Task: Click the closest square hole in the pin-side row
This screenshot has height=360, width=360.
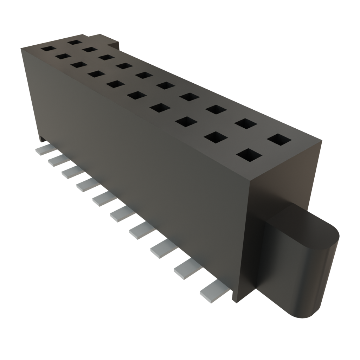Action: (249, 155)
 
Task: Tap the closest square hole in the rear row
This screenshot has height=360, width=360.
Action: (279, 140)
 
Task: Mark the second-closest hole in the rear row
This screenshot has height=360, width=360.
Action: (245, 123)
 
